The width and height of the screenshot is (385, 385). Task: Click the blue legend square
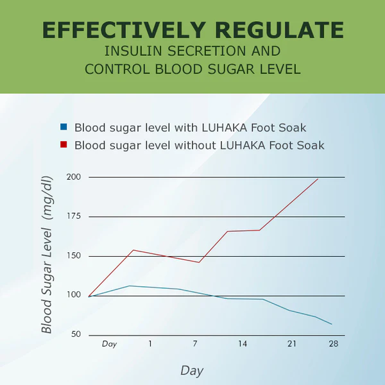pyautogui.click(x=64, y=127)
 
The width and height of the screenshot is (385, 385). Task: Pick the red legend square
pyautogui.click(x=64, y=145)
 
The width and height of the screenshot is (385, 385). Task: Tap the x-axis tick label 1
pyautogui.click(x=150, y=344)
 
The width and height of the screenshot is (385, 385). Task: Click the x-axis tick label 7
pyautogui.click(x=195, y=344)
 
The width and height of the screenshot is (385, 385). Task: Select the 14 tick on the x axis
pyautogui.click(x=243, y=344)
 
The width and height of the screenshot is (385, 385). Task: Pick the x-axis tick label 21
pyautogui.click(x=291, y=344)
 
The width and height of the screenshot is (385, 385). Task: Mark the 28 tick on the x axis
pyautogui.click(x=333, y=344)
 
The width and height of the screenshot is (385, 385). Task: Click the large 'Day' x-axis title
pyautogui.click(x=192, y=370)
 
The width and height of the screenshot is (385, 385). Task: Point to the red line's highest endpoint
pyautogui.click(x=318, y=179)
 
